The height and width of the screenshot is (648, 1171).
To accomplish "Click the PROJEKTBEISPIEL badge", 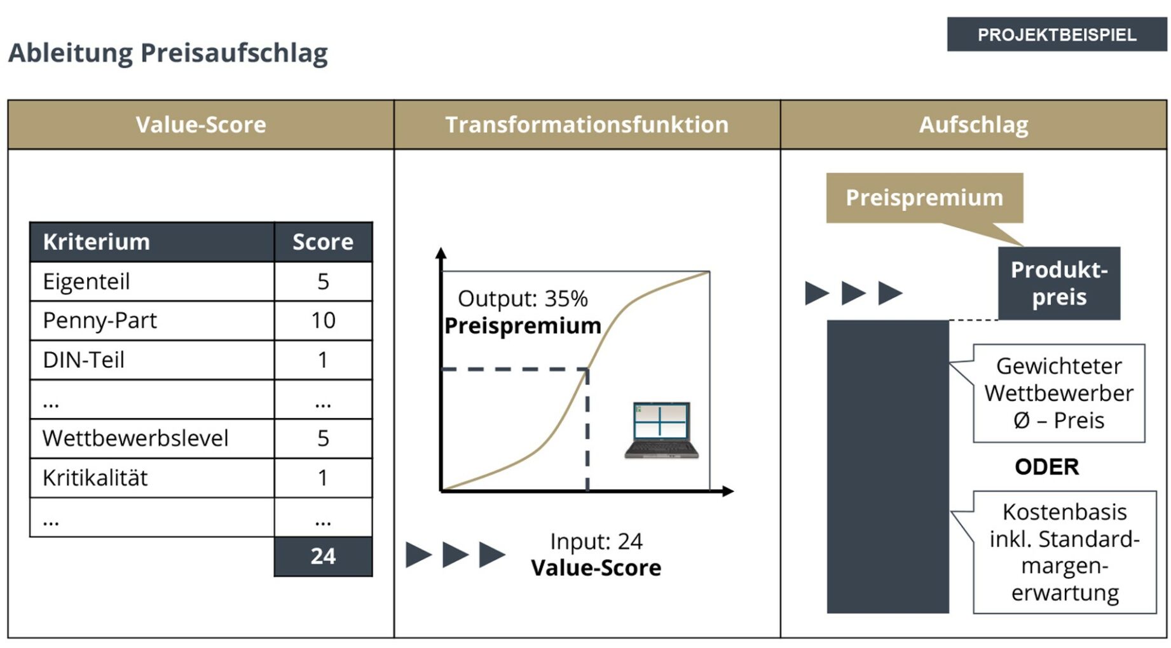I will [1056, 34].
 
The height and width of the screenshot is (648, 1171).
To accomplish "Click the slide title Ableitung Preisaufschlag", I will [168, 53].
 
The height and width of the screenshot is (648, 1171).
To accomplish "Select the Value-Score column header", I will [201, 125].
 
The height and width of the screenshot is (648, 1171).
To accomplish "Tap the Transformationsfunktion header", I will [587, 125].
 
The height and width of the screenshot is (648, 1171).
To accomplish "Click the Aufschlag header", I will [973, 125].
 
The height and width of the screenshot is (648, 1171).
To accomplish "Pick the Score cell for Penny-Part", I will [323, 320].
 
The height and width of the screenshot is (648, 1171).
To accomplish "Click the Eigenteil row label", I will [86, 281].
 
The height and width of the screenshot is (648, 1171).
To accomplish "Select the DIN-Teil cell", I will [84, 360].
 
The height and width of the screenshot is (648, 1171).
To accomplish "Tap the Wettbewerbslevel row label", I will [135, 438].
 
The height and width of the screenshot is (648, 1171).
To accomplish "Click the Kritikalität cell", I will [95, 478].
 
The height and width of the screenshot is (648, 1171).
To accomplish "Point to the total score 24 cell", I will [323, 557].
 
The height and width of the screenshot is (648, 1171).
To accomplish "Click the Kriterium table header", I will [97, 242].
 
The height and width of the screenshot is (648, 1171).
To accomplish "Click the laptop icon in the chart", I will [661, 430].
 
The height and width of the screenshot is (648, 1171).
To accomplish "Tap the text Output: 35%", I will [523, 299].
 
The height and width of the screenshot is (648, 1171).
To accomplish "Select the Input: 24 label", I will [596, 541].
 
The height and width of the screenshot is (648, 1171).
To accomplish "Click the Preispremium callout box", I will [924, 198].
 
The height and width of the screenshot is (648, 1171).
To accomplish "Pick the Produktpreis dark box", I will [1058, 283].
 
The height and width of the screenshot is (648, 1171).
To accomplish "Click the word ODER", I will [1046, 467].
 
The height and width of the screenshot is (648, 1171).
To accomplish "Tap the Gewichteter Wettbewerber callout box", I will [1058, 393].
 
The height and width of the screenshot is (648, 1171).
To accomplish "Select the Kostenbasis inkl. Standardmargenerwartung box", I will [1065, 552].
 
